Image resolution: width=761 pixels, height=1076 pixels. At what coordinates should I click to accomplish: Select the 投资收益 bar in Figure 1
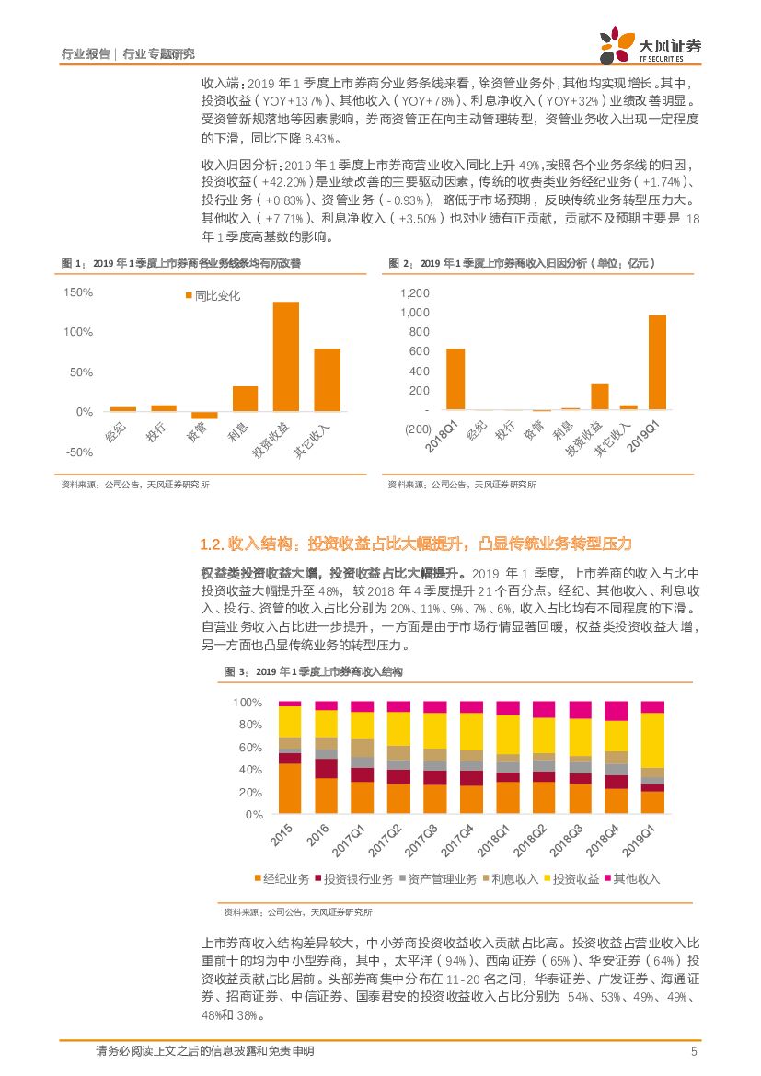click(285, 356)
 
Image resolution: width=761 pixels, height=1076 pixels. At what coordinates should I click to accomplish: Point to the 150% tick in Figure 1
click(79, 292)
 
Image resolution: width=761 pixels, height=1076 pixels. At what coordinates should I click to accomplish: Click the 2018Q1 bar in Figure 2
click(455, 379)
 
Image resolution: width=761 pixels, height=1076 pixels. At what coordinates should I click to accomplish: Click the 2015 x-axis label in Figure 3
click(282, 836)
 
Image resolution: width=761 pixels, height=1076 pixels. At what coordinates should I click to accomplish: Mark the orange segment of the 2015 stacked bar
click(290, 788)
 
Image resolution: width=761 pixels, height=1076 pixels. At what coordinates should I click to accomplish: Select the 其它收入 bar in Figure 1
click(327, 380)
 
